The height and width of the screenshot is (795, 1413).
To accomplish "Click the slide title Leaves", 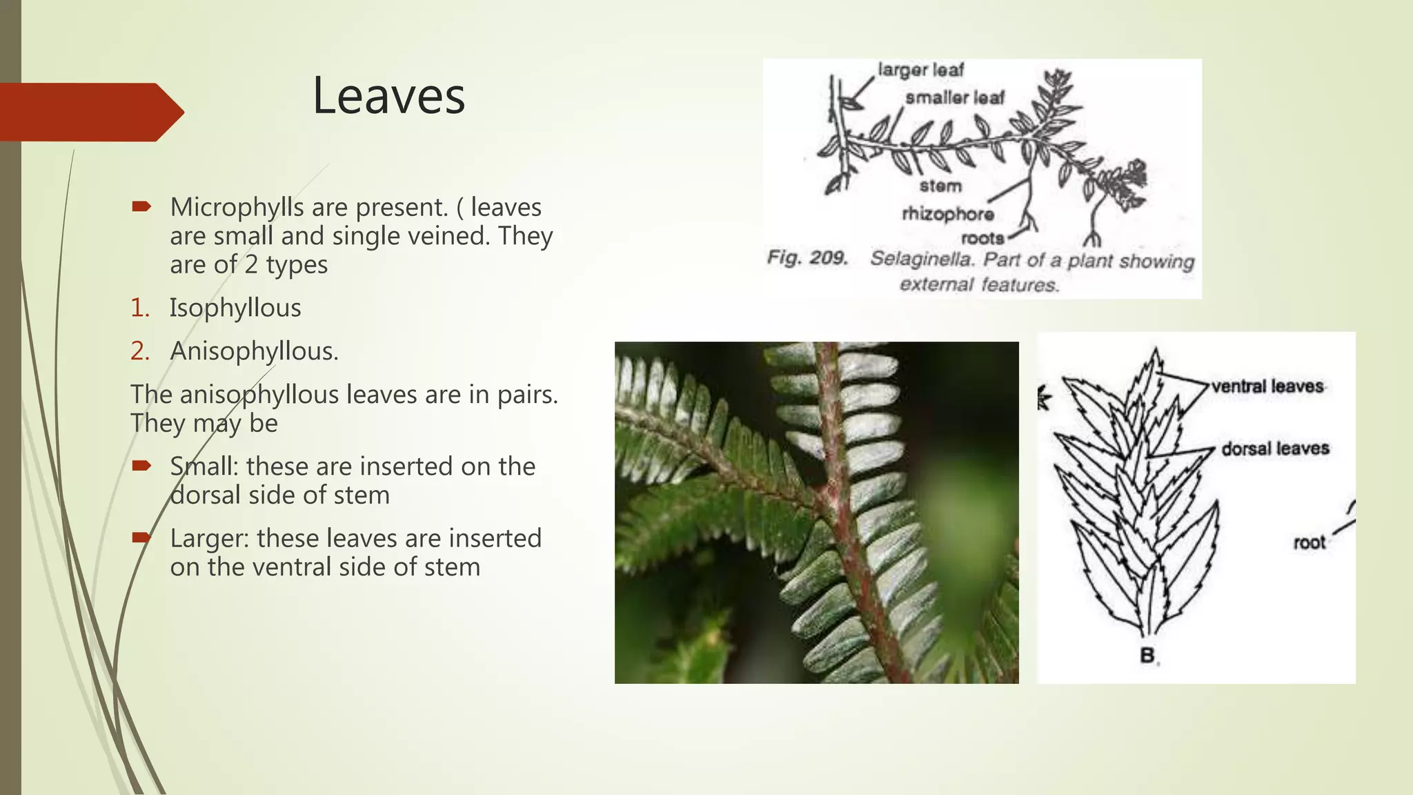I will [388, 96].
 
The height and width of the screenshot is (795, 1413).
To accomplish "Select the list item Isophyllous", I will [235, 308].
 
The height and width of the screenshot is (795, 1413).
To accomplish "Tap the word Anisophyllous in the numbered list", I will [254, 351].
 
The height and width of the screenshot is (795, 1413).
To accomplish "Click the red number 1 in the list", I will [139, 308].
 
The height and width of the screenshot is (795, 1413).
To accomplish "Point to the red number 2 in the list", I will [139, 351].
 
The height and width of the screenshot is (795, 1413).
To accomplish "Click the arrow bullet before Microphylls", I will [141, 206].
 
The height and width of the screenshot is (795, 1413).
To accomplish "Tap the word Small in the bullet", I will [204, 467].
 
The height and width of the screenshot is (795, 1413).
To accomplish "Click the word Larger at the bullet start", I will [209, 538].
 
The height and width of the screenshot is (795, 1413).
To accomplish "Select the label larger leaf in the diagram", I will [920, 70].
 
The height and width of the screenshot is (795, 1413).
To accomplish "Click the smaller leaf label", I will [955, 98].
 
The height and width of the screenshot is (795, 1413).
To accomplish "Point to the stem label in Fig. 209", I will [940, 186].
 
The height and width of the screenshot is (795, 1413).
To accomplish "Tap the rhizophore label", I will [948, 214].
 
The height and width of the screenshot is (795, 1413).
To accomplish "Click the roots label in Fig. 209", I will [982, 238].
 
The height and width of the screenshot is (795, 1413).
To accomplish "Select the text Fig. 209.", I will [807, 258].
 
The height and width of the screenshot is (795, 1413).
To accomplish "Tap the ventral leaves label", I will [1267, 386].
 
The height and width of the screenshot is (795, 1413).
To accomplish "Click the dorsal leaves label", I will [1275, 449].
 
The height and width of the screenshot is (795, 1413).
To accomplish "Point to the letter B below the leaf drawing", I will [1147, 655].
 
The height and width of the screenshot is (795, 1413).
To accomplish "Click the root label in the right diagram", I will [1309, 542].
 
